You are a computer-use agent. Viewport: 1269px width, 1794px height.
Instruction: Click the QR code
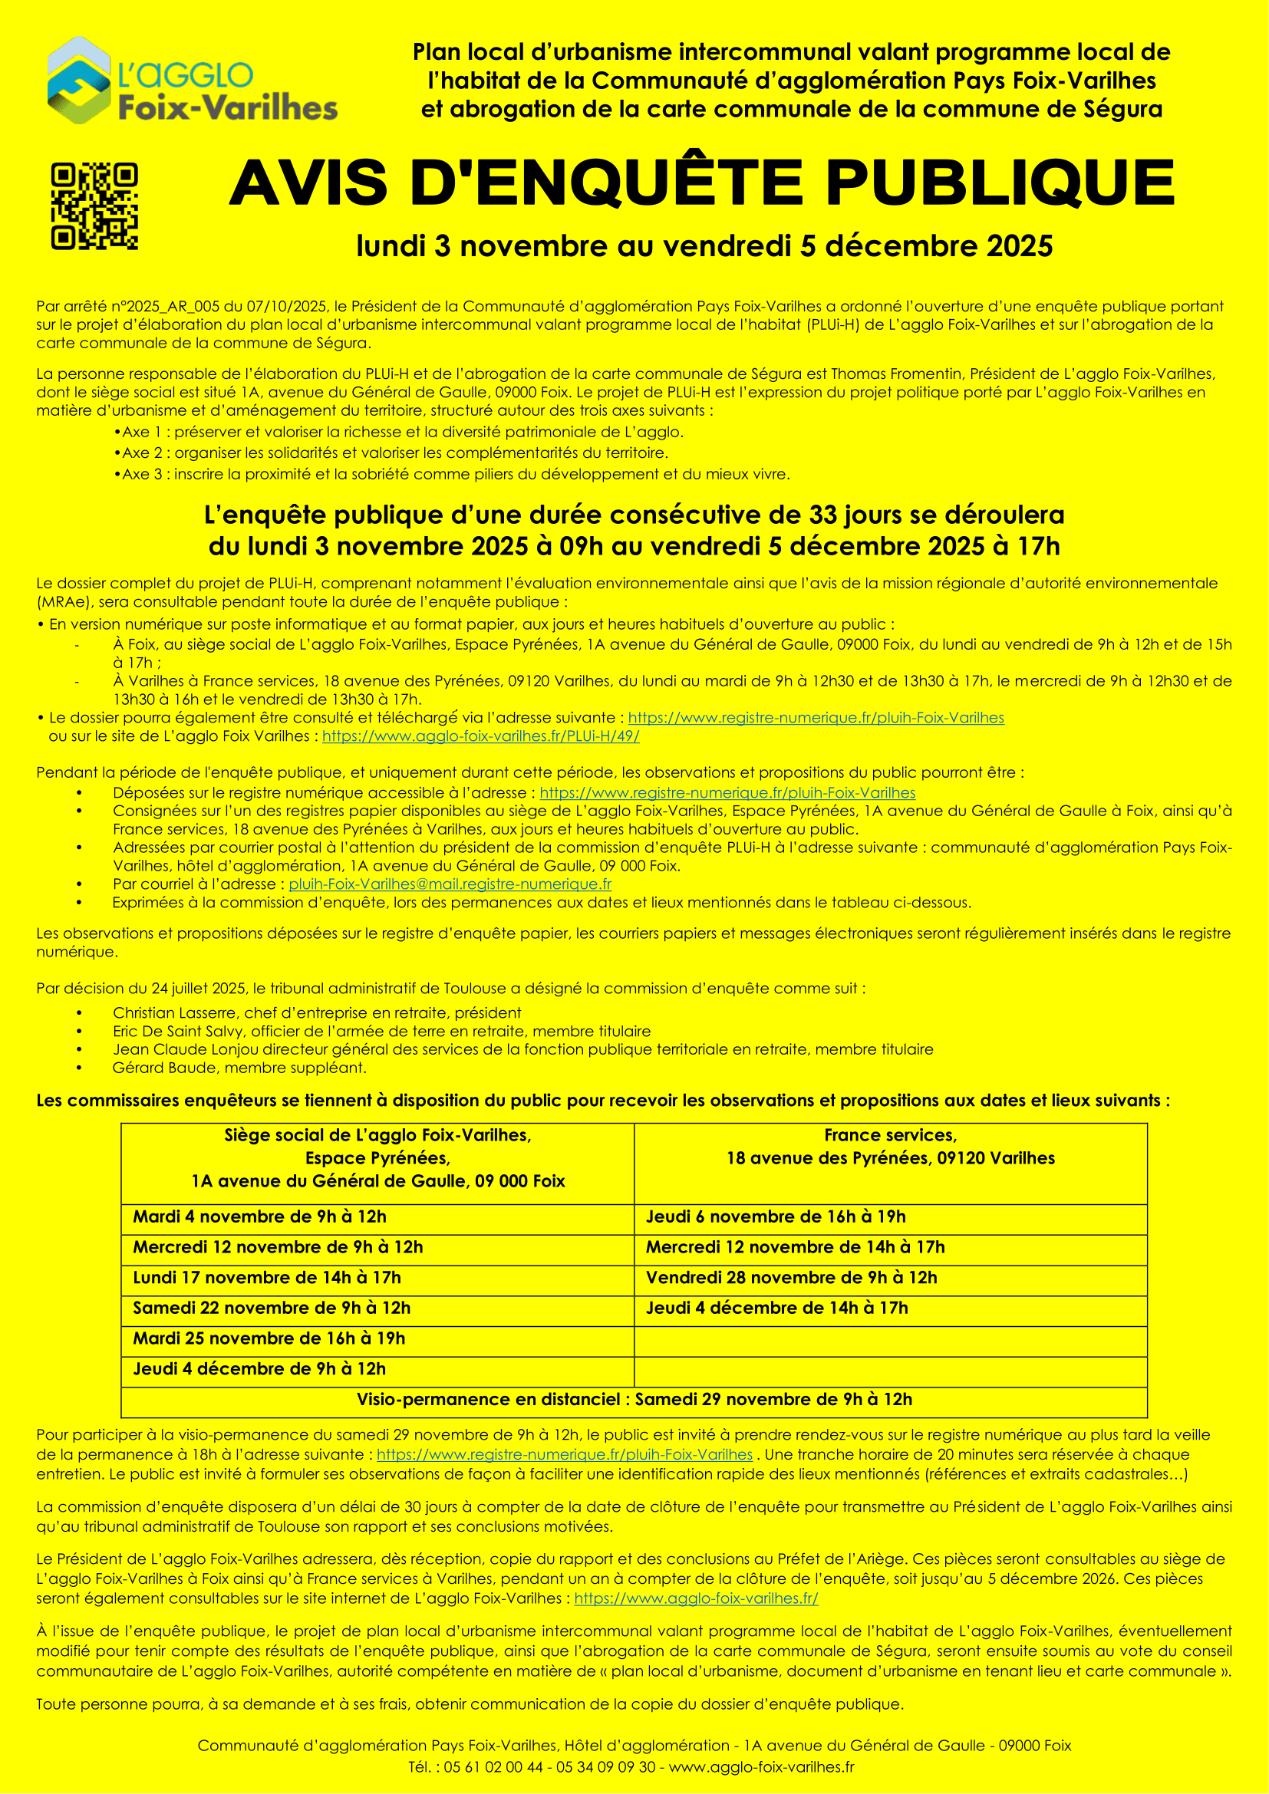[x=94, y=206]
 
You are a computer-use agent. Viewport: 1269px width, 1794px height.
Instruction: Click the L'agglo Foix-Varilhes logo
[x=192, y=81]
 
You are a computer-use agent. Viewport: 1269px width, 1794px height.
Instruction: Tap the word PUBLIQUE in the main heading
[x=1000, y=183]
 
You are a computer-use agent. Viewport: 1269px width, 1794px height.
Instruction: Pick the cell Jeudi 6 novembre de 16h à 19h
[x=775, y=1216]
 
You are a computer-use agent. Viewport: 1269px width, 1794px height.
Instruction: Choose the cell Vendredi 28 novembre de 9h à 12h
[x=791, y=1278]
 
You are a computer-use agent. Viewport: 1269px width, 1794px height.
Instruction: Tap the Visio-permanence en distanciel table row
[x=634, y=1400]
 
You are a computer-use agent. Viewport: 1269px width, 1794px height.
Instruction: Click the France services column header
[x=890, y=1147]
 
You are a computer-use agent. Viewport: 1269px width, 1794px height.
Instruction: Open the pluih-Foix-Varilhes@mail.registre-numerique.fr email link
[x=450, y=884]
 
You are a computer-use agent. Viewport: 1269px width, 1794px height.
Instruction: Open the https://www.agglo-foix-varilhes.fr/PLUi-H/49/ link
[x=480, y=736]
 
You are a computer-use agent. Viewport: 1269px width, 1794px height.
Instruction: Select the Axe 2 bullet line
[x=394, y=453]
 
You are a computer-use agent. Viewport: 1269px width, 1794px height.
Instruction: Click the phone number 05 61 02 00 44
[x=493, y=1766]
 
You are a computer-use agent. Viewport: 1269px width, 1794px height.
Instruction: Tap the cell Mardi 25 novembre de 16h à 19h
[x=269, y=1338]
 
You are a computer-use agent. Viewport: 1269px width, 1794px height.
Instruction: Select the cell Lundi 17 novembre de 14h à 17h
[x=266, y=1278]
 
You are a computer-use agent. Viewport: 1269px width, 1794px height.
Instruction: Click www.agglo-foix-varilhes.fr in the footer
[x=761, y=1766]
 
